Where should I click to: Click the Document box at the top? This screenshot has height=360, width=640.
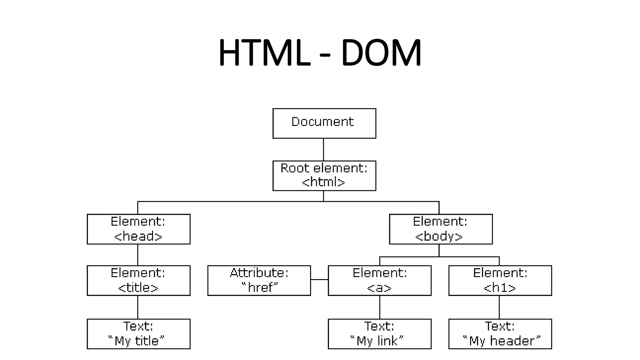(x=324, y=123)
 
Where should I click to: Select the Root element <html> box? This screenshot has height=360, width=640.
(x=324, y=176)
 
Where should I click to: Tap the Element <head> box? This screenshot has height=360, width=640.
(x=138, y=229)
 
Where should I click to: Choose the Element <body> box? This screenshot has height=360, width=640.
(x=441, y=229)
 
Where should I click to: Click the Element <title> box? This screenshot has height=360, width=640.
(x=138, y=280)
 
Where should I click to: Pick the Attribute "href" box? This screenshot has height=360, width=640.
(x=259, y=280)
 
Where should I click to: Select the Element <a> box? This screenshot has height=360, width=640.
(x=379, y=280)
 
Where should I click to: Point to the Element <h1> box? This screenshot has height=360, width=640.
(x=500, y=280)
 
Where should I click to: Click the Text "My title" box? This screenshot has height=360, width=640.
(x=138, y=334)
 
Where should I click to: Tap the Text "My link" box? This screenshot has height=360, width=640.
(x=379, y=334)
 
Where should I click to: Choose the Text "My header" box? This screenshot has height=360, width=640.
(x=500, y=334)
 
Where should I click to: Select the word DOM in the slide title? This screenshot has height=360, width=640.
(x=381, y=52)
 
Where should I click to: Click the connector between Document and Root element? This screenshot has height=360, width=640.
(x=323, y=149)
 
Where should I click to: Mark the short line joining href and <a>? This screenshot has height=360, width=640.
(x=319, y=280)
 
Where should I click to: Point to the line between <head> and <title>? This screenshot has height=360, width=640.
(x=138, y=255)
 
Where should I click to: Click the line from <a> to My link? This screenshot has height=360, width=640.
(x=380, y=307)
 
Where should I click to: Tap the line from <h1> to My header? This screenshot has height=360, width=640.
(x=499, y=307)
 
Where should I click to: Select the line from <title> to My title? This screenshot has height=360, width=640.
(x=138, y=307)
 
